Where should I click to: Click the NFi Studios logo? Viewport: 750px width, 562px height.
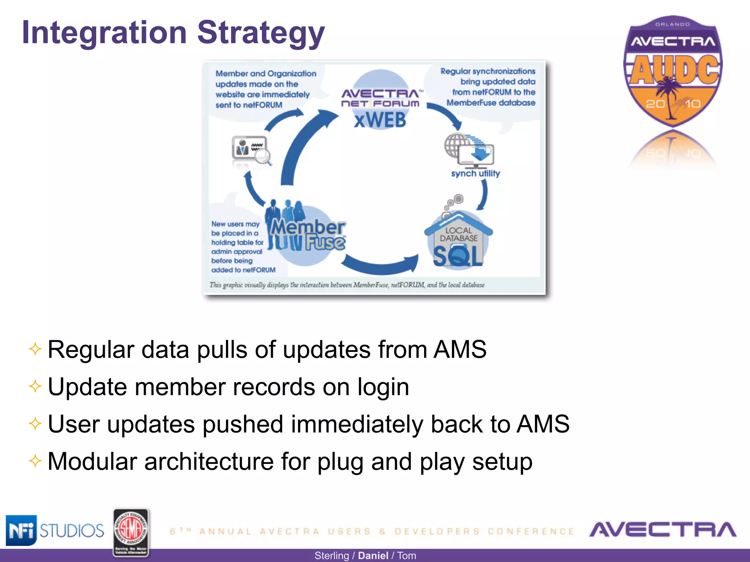click(55, 530)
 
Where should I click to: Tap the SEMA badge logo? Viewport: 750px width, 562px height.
click(131, 532)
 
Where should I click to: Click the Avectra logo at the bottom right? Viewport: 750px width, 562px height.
click(662, 530)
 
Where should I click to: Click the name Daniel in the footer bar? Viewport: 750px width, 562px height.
click(373, 555)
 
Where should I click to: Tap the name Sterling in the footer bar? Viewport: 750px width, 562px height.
click(331, 555)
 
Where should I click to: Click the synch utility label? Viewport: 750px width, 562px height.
click(475, 173)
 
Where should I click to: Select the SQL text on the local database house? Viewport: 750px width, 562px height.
click(458, 256)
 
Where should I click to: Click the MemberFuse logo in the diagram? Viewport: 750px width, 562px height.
click(307, 235)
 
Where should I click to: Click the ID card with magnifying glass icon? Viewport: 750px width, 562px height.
click(251, 149)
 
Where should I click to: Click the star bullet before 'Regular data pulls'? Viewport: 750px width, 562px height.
click(35, 349)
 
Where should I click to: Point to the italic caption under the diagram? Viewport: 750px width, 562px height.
click(347, 285)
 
